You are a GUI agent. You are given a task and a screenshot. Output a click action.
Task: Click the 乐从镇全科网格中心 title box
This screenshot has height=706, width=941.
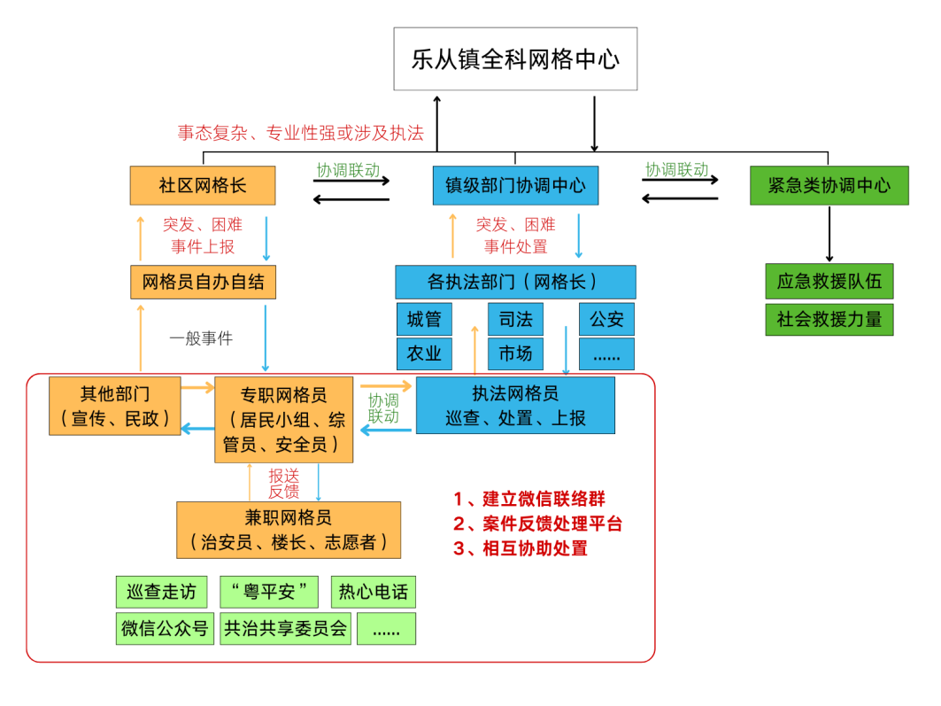[x=515, y=58]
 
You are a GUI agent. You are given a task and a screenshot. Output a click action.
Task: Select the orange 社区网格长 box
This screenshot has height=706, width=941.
[x=203, y=185]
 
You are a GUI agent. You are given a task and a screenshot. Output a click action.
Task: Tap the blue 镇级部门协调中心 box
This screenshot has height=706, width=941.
[x=514, y=185]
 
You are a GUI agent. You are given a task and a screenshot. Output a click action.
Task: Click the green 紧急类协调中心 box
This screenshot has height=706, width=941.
[x=829, y=185]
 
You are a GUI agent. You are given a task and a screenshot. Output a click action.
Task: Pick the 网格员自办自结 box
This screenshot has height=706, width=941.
[x=203, y=283]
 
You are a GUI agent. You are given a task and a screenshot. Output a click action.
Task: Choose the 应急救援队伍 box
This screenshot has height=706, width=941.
[x=829, y=282]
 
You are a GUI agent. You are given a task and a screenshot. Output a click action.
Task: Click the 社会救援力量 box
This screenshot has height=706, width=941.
[x=829, y=320]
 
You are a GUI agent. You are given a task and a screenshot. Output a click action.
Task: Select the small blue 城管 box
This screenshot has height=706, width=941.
[x=424, y=319]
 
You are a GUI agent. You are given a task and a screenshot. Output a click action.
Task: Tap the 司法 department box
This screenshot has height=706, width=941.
[x=515, y=319]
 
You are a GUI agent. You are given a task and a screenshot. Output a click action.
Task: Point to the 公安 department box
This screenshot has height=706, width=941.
[x=606, y=319]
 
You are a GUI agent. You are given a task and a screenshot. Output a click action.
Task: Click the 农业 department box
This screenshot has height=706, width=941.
[x=424, y=353]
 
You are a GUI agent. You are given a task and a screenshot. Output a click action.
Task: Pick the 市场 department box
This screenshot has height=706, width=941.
[x=515, y=353]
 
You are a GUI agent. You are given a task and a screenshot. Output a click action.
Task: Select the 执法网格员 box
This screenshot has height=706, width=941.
[x=515, y=405]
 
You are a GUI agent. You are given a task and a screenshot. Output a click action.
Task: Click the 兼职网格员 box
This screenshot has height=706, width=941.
[x=288, y=530]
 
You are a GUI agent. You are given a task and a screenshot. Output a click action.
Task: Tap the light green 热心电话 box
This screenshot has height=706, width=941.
[x=373, y=591]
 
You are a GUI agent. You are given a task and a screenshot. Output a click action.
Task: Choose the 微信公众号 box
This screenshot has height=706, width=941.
[x=165, y=628]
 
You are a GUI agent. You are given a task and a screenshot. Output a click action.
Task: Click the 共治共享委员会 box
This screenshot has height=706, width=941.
[x=286, y=628]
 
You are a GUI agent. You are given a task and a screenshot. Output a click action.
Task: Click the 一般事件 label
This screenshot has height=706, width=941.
[x=202, y=337]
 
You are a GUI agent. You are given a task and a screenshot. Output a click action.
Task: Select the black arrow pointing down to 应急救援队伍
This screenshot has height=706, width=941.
[x=829, y=234]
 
